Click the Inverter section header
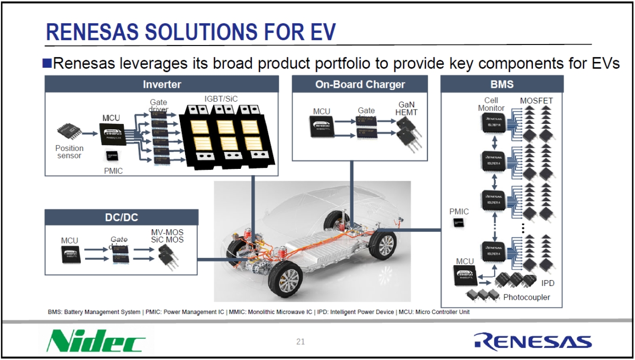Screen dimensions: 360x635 point(162,84)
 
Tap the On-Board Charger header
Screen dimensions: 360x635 point(360,84)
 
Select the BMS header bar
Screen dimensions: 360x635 point(502,84)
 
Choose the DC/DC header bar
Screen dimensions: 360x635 point(121,217)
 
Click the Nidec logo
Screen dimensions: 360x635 point(96,341)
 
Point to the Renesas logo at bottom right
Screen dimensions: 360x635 point(532,341)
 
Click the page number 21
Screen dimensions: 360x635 point(301,341)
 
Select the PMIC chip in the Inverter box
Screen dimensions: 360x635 point(112,155)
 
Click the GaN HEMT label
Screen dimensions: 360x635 point(406,109)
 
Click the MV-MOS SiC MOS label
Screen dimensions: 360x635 point(167,235)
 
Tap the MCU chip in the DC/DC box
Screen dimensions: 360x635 point(69,254)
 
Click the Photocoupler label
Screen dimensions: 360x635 point(526,297)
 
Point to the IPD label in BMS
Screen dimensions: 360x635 point(548,283)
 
